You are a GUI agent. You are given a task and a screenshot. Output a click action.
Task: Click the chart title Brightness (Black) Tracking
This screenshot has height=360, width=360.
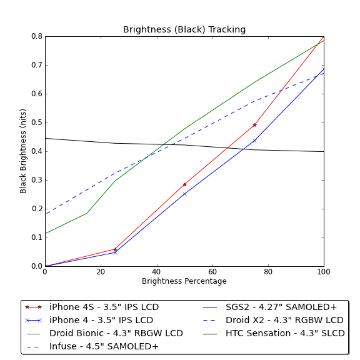point(184,29)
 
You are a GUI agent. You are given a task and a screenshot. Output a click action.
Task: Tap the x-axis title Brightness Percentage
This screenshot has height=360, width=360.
point(184,281)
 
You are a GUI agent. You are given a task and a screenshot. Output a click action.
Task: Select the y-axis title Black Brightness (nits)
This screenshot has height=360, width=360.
point(23,151)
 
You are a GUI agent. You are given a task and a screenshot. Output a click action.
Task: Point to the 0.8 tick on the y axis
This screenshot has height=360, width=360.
point(37,36)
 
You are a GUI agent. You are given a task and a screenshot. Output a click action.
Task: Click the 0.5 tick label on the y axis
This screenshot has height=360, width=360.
point(37,122)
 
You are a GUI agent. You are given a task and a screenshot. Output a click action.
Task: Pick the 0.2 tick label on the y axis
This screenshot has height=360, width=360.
point(37,209)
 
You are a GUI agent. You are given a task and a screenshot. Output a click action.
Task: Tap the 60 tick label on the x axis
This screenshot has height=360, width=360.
point(212,272)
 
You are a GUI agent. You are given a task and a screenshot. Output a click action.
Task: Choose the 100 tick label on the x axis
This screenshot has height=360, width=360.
point(324,272)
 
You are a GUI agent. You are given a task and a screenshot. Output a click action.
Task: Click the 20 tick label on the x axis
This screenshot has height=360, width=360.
point(101,272)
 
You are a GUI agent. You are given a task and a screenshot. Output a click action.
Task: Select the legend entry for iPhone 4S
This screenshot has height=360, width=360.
point(92,307)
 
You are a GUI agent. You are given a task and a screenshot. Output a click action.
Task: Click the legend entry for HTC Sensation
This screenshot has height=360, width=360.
point(274,333)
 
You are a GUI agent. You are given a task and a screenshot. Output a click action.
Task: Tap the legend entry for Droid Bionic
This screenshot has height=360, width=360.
point(105,333)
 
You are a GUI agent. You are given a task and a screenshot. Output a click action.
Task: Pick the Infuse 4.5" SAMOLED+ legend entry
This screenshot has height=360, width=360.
point(92,346)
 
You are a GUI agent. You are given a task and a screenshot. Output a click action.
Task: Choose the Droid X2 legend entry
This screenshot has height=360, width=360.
point(273,320)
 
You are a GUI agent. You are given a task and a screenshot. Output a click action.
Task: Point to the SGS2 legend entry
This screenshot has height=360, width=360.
point(270,307)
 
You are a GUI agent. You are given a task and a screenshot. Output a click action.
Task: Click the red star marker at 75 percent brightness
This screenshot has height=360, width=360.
point(254,125)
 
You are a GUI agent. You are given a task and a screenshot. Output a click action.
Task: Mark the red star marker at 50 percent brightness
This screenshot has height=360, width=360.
point(184,184)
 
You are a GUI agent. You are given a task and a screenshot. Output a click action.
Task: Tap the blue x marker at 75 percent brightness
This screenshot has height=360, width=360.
point(254,141)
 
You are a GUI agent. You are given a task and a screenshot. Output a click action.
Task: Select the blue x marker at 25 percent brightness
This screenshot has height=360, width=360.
point(115,252)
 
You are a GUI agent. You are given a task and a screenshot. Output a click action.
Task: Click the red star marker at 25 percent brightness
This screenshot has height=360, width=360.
point(115,249)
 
